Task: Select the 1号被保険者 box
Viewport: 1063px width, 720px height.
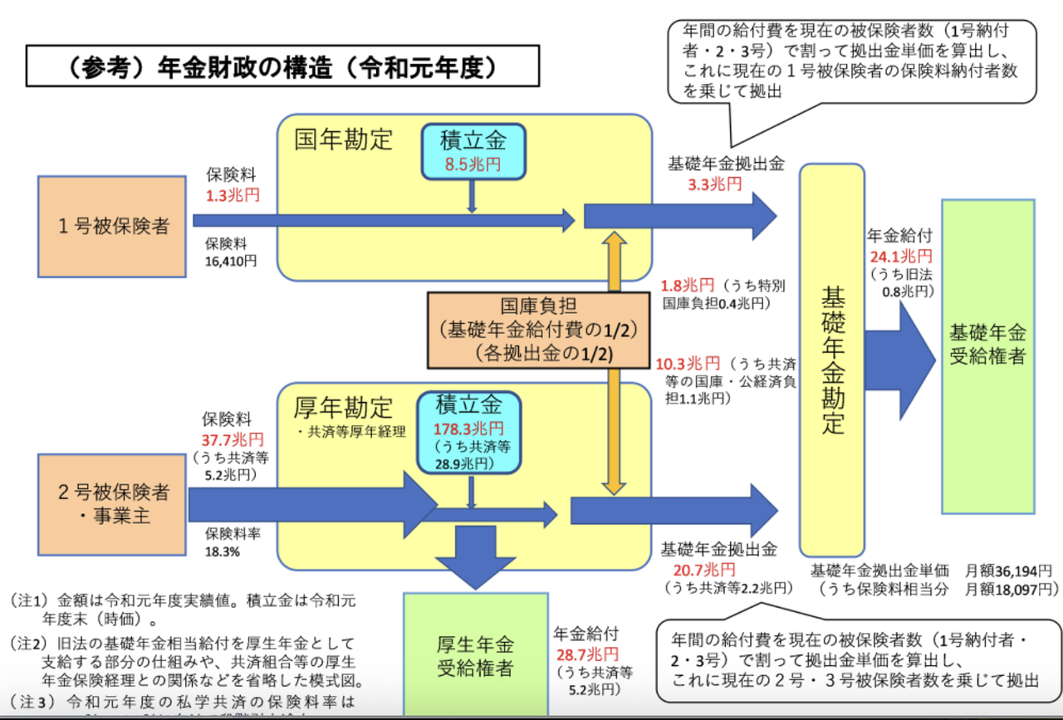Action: (111, 226)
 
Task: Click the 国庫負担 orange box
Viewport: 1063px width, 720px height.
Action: (537, 330)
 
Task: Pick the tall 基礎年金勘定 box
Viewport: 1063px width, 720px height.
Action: (832, 360)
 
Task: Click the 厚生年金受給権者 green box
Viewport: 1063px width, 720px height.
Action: (475, 656)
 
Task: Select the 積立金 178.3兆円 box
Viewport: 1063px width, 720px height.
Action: (469, 433)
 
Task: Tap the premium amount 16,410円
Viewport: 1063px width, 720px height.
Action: (232, 261)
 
